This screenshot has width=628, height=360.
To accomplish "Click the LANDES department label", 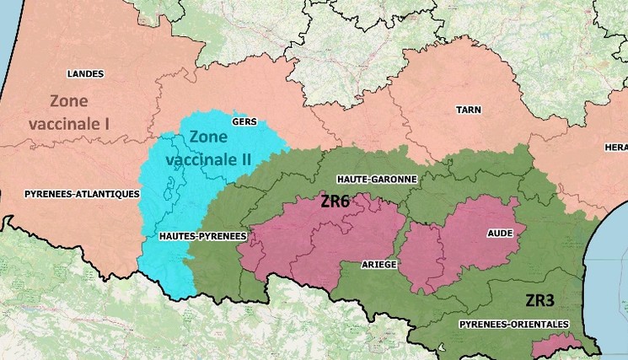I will pyautogui.click(x=85, y=73).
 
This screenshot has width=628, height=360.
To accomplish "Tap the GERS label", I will pyautogui.click(x=244, y=122).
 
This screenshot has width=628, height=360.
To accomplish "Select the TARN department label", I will pyautogui.click(x=469, y=110).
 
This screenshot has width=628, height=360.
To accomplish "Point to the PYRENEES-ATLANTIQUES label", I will pyautogui.click(x=82, y=193).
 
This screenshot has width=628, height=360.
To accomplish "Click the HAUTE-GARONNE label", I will pyautogui.click(x=376, y=180).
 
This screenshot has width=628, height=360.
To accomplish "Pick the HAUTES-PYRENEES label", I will pyautogui.click(x=203, y=237).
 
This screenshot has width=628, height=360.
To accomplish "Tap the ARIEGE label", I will pyautogui.click(x=379, y=264).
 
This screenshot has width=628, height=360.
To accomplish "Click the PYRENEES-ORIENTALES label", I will pyautogui.click(x=514, y=324).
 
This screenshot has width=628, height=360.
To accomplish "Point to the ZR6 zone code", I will pyautogui.click(x=335, y=202).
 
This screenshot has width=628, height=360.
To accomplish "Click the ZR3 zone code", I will pyautogui.click(x=539, y=299).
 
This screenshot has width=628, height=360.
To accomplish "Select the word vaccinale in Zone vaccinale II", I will pyautogui.click(x=202, y=157).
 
